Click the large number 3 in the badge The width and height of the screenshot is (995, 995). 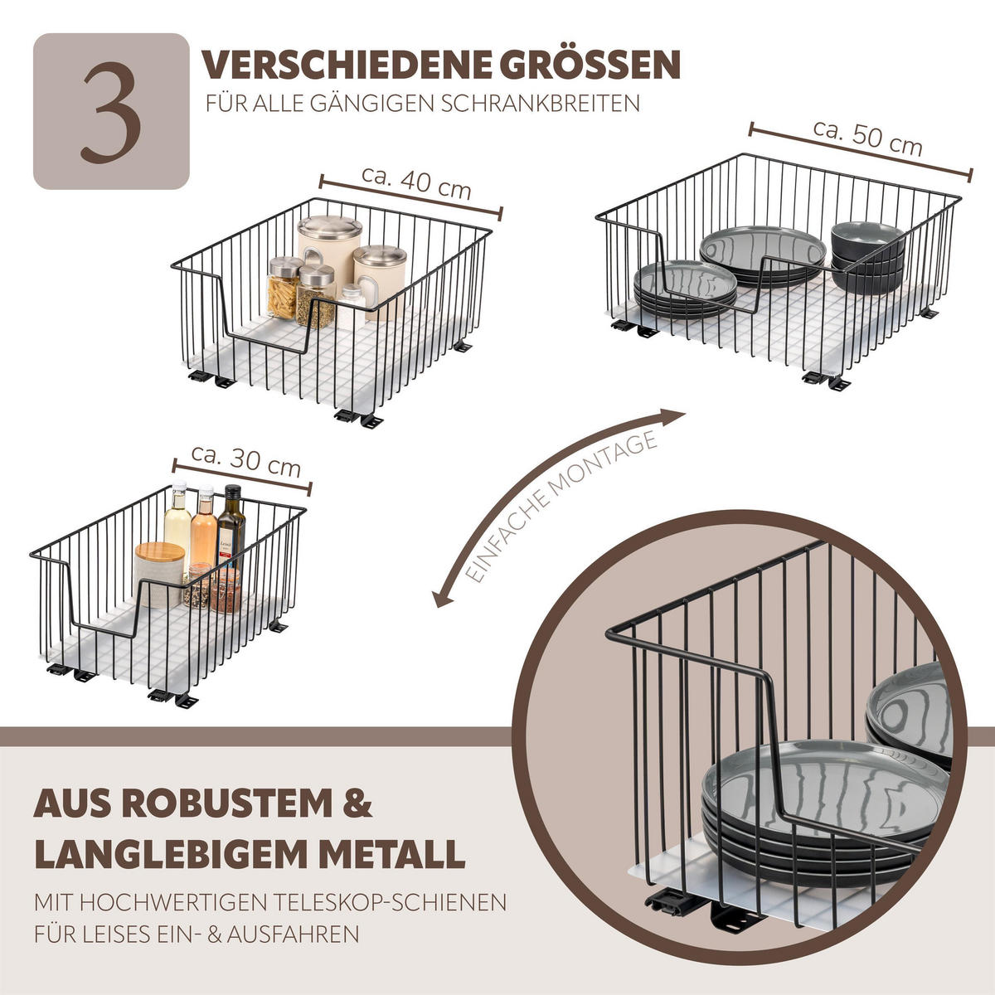(110, 111)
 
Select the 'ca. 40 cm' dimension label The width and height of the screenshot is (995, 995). (416, 183)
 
